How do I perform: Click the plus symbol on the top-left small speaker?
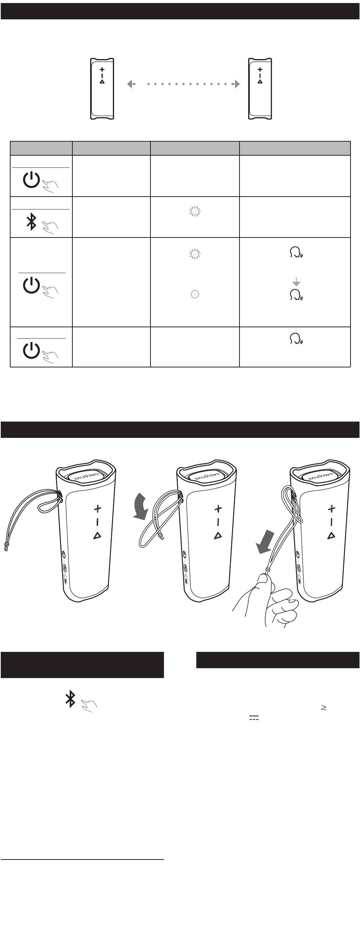coord(102,70)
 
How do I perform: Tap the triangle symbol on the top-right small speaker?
coord(260,81)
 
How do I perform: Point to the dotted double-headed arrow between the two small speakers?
coord(183,84)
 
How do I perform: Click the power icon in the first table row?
coord(31,180)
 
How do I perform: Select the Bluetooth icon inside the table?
coord(31,222)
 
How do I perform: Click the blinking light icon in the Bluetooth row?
coord(195,212)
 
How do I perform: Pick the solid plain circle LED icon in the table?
coord(195,294)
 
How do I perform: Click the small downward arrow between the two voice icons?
coord(296,282)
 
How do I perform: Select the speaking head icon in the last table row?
coord(296,339)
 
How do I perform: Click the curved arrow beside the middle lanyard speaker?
coord(143,506)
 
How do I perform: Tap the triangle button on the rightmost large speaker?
coord(332,535)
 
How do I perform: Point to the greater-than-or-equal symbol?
coord(324,707)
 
